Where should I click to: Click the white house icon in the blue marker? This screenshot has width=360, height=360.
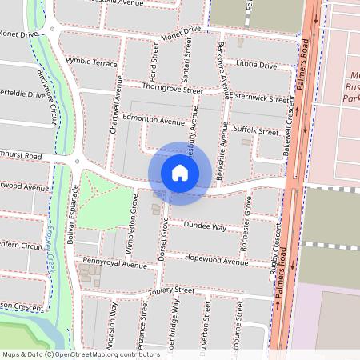[180, 172]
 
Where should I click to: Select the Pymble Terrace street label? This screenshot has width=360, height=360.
[92, 62]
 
